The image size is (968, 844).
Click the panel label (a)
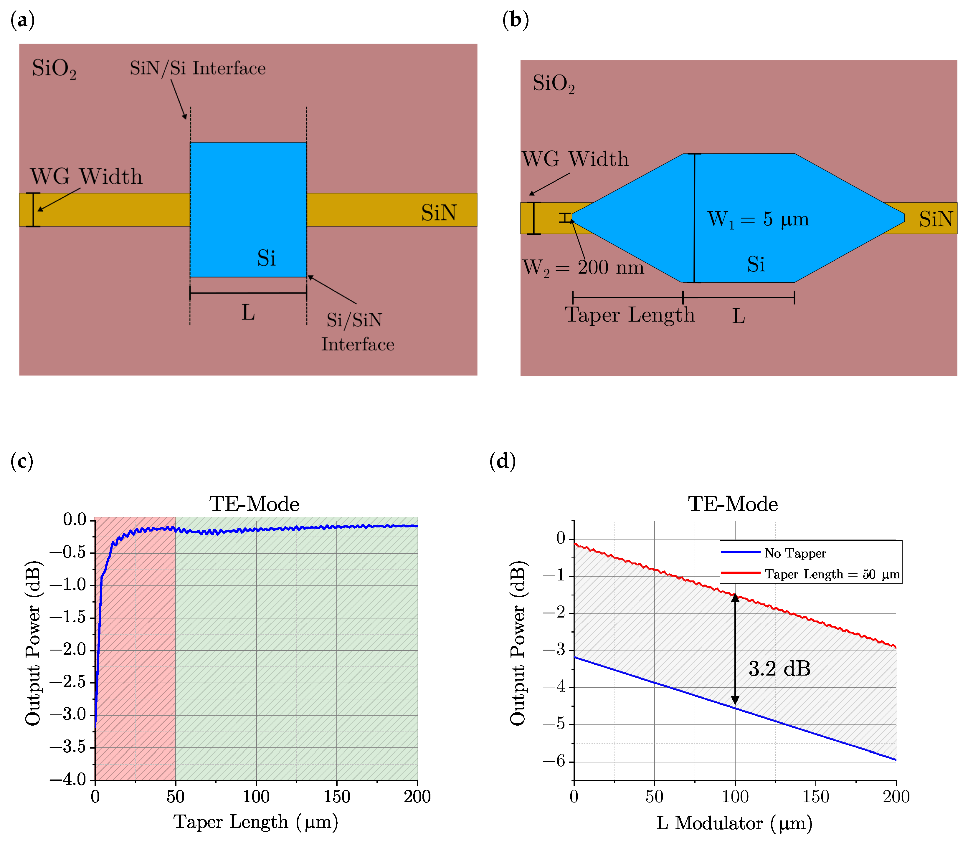point(22,21)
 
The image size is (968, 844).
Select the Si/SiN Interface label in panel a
point(358,332)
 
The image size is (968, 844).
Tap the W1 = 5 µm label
point(758,219)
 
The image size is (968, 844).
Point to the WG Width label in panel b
point(575,159)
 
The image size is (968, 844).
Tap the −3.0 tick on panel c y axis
point(68,714)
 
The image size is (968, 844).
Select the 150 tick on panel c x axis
point(336,796)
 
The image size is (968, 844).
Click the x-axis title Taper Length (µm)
point(256,822)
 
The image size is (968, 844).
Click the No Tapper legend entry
point(795,553)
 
